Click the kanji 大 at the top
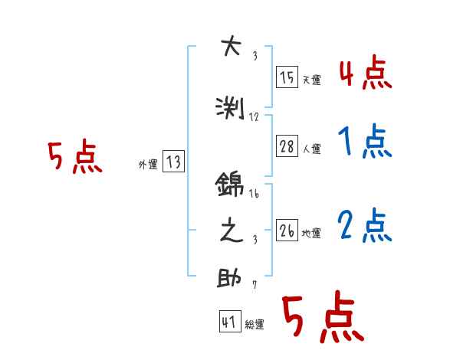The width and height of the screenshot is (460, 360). pos(230,47)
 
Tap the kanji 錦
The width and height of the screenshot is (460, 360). pos(230,185)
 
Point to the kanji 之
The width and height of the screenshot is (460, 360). pos(230,231)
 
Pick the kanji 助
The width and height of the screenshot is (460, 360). pos(230,277)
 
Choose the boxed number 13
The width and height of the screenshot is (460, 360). pos(173,162)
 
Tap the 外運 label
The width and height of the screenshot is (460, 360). pos(147,163)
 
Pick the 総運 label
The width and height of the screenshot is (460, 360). pos(255,325)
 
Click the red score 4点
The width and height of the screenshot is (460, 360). pos(364,74)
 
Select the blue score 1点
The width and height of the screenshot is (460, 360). pos(364,142)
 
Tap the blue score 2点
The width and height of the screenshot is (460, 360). pos(364,226)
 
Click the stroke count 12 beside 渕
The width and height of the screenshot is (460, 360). pos(255,117)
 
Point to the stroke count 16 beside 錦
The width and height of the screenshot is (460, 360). pos(255,194)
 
